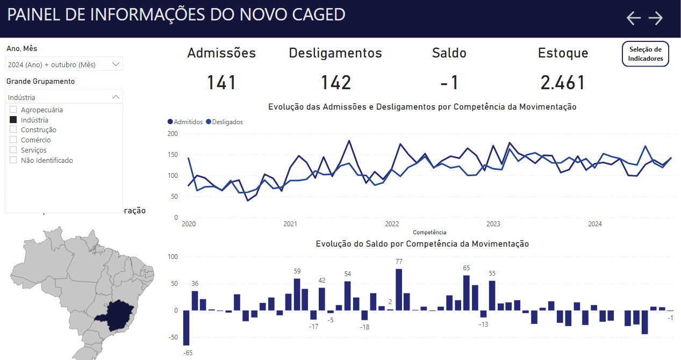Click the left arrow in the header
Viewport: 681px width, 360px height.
(x=634, y=18)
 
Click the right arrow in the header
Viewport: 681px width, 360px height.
(x=656, y=18)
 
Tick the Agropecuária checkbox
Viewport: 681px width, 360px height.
(x=13, y=110)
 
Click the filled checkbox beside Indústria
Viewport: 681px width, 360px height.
(x=13, y=120)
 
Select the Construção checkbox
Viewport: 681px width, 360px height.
(x=13, y=129)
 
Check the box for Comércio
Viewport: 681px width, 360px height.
(x=13, y=140)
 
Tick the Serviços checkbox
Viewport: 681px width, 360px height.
(x=13, y=150)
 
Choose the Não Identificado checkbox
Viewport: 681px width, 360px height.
(x=13, y=160)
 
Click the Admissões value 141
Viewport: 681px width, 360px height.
(x=221, y=83)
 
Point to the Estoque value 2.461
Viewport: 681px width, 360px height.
(x=563, y=83)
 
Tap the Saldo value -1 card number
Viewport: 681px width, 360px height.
(x=449, y=83)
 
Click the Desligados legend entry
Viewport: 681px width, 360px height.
(x=227, y=122)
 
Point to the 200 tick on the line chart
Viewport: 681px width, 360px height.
(x=172, y=133)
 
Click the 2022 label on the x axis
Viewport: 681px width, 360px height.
(x=392, y=224)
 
